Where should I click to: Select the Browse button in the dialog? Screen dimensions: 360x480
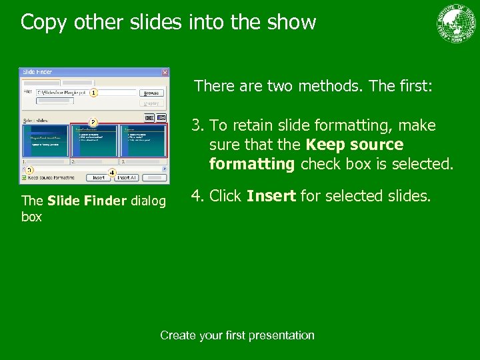152,93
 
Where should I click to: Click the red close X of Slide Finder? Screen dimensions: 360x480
165,72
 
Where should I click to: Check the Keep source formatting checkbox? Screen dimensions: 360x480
25,178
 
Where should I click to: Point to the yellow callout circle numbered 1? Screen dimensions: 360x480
94,92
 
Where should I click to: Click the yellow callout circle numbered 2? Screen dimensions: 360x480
94,122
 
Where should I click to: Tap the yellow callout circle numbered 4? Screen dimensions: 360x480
112,173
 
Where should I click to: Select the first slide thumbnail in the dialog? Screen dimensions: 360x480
45,141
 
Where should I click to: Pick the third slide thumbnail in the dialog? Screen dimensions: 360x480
143,141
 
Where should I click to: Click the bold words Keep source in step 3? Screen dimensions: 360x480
354,145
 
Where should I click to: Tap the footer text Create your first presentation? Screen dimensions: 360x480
237,335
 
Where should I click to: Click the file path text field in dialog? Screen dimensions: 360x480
63,93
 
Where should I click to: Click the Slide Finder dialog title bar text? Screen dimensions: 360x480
39,72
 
